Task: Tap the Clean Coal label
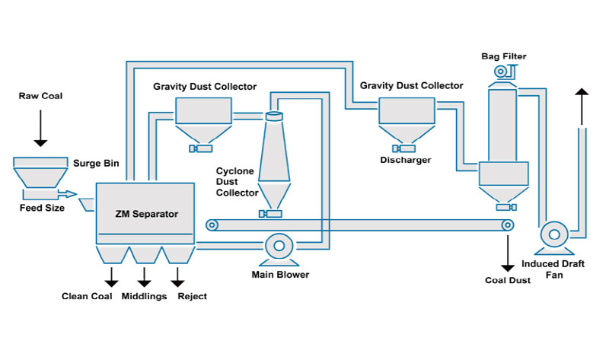[x=87, y=296]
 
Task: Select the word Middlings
[x=144, y=296]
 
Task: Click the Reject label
[x=191, y=296]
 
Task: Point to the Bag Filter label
[x=504, y=56]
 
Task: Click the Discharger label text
[x=405, y=161]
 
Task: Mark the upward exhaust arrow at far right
[x=582, y=107]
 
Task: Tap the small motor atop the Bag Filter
[x=502, y=72]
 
